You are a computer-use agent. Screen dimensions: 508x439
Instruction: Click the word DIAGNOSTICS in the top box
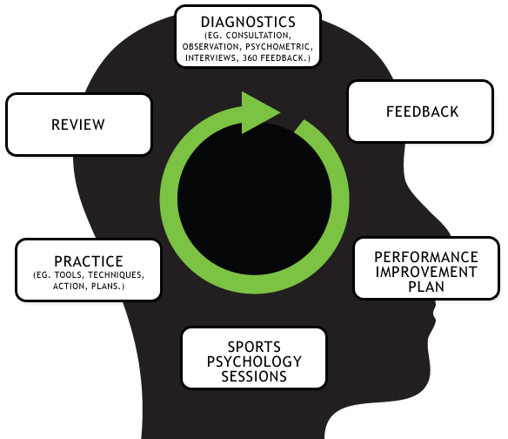[248, 22]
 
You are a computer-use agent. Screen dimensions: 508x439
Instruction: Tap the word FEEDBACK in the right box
[422, 111]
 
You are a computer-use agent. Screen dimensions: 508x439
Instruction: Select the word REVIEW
[78, 125]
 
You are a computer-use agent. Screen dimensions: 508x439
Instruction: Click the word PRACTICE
[89, 261]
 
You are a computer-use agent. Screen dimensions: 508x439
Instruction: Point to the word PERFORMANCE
[426, 257]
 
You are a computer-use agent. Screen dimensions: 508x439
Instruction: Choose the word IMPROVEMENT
[426, 272]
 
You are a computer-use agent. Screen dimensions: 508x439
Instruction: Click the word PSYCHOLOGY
[254, 361]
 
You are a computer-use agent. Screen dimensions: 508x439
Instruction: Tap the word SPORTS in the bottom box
[254, 347]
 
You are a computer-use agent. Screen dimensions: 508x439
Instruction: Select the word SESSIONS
[254, 376]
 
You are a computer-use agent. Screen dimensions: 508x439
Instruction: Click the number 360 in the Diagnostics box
[250, 58]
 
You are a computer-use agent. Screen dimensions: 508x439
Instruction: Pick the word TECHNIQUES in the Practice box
[116, 275]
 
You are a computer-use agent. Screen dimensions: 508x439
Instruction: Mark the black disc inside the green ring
[254, 199]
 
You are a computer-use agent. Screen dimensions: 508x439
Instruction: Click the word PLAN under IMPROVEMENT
[426, 287]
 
